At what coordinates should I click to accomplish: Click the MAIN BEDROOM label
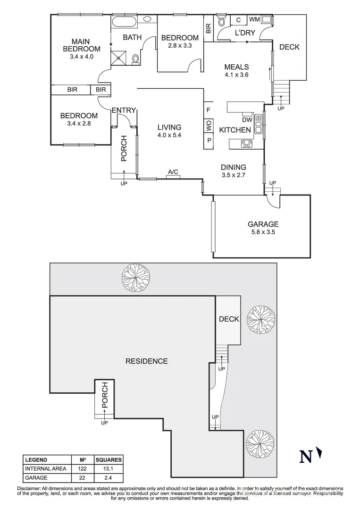[x=81, y=45]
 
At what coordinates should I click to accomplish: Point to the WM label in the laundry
[x=254, y=19]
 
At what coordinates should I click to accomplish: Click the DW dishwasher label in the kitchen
[x=247, y=119]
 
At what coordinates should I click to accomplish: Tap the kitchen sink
[x=258, y=124]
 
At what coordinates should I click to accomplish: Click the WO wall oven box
[x=209, y=125]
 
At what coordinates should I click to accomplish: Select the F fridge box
[x=209, y=110]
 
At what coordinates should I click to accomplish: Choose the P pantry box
[x=209, y=141]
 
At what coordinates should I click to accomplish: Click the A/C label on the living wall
[x=173, y=172]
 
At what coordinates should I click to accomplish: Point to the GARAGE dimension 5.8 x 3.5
[x=263, y=232]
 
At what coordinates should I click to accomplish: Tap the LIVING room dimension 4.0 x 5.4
[x=169, y=135]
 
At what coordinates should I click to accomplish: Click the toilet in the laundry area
[x=222, y=21]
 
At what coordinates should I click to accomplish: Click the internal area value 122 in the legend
[x=82, y=469]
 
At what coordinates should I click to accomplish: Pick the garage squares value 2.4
[x=108, y=478]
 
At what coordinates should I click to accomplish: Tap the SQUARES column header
[x=109, y=460]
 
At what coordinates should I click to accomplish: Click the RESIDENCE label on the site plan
[x=147, y=361]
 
